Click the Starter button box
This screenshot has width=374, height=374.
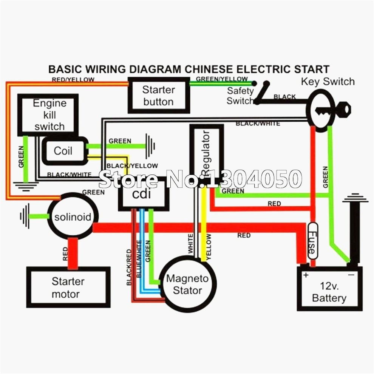(158, 96)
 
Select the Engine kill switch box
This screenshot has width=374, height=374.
(49, 114)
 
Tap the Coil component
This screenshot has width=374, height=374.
(63, 151)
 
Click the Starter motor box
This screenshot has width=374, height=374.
(68, 287)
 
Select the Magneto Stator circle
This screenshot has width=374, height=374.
(187, 284)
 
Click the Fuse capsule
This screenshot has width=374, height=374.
(312, 241)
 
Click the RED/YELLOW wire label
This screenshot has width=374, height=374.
(73, 80)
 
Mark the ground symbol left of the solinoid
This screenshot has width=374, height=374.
(26, 216)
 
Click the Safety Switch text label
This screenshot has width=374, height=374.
(240, 96)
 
